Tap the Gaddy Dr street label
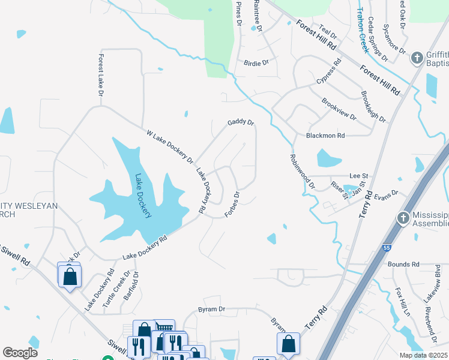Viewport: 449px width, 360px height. click(241, 122)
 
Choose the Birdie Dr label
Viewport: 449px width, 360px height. click(256, 62)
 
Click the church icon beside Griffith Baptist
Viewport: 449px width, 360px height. click(417, 58)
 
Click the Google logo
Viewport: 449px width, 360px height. click(20, 353)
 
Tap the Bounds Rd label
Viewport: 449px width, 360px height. click(403, 264)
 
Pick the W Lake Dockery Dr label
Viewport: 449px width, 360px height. click(170, 147)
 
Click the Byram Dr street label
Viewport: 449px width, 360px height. click(211, 310)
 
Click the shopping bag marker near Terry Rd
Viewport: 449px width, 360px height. click(288, 344)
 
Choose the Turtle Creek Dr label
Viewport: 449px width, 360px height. click(116, 290)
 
